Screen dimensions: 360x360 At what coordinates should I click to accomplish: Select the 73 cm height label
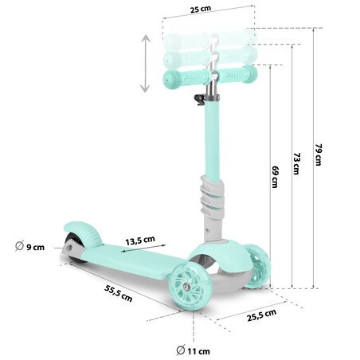point(295,164)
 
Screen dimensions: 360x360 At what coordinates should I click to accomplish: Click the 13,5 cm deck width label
point(139,240)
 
